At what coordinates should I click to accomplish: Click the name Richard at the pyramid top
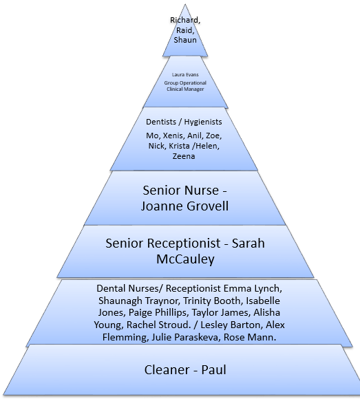click(184, 20)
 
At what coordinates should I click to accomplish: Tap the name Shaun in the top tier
click(185, 40)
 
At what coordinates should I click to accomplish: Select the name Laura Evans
click(185, 75)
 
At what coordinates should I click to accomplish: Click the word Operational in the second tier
click(193, 83)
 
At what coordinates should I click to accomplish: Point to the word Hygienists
click(203, 122)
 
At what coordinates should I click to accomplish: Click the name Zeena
click(184, 156)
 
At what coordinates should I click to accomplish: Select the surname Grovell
click(207, 206)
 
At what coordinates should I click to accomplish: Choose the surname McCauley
click(185, 259)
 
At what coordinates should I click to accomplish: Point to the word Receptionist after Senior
click(184, 243)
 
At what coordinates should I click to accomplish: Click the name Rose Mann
click(250, 337)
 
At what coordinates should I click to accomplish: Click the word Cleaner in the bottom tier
click(167, 370)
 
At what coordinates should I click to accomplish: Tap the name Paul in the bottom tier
click(214, 370)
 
